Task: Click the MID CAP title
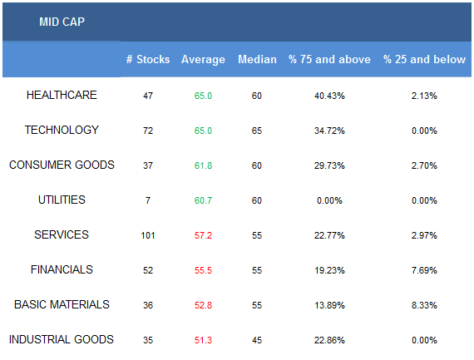click(x=62, y=22)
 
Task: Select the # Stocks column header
click(x=148, y=59)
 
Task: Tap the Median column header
click(x=257, y=59)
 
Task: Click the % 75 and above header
click(x=329, y=59)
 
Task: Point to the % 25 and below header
click(x=424, y=59)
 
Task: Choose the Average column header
click(x=203, y=60)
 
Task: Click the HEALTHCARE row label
click(x=62, y=95)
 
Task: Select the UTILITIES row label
click(x=62, y=200)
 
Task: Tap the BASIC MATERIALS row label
click(x=62, y=304)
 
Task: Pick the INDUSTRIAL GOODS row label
click(x=62, y=339)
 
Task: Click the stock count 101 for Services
click(x=148, y=235)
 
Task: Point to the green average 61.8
click(x=203, y=165)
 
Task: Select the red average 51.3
click(x=203, y=340)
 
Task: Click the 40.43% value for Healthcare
click(x=329, y=96)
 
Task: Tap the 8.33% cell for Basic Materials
click(x=424, y=305)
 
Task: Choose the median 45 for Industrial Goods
click(x=257, y=340)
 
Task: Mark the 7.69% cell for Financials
click(x=424, y=270)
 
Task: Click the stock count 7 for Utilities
click(x=148, y=200)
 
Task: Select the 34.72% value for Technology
click(x=329, y=131)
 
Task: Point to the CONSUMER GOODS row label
click(x=62, y=165)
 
